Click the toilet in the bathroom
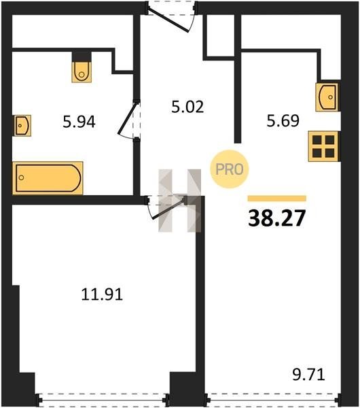82,72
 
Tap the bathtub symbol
48,178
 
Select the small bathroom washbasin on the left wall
22,125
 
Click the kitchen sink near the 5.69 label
327,97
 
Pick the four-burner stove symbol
323,146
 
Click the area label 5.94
79,122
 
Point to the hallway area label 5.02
187,107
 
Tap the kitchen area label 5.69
283,121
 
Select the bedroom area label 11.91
102,294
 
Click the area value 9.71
309,375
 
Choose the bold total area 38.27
276,218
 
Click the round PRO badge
230,169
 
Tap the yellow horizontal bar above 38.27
277,199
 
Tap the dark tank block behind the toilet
82,56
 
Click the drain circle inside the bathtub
22,177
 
